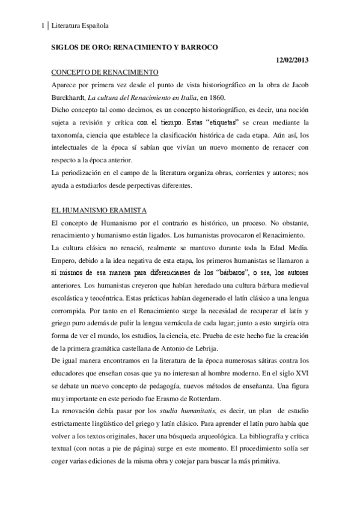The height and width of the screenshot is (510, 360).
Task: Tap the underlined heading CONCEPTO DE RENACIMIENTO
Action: tap(105, 72)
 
